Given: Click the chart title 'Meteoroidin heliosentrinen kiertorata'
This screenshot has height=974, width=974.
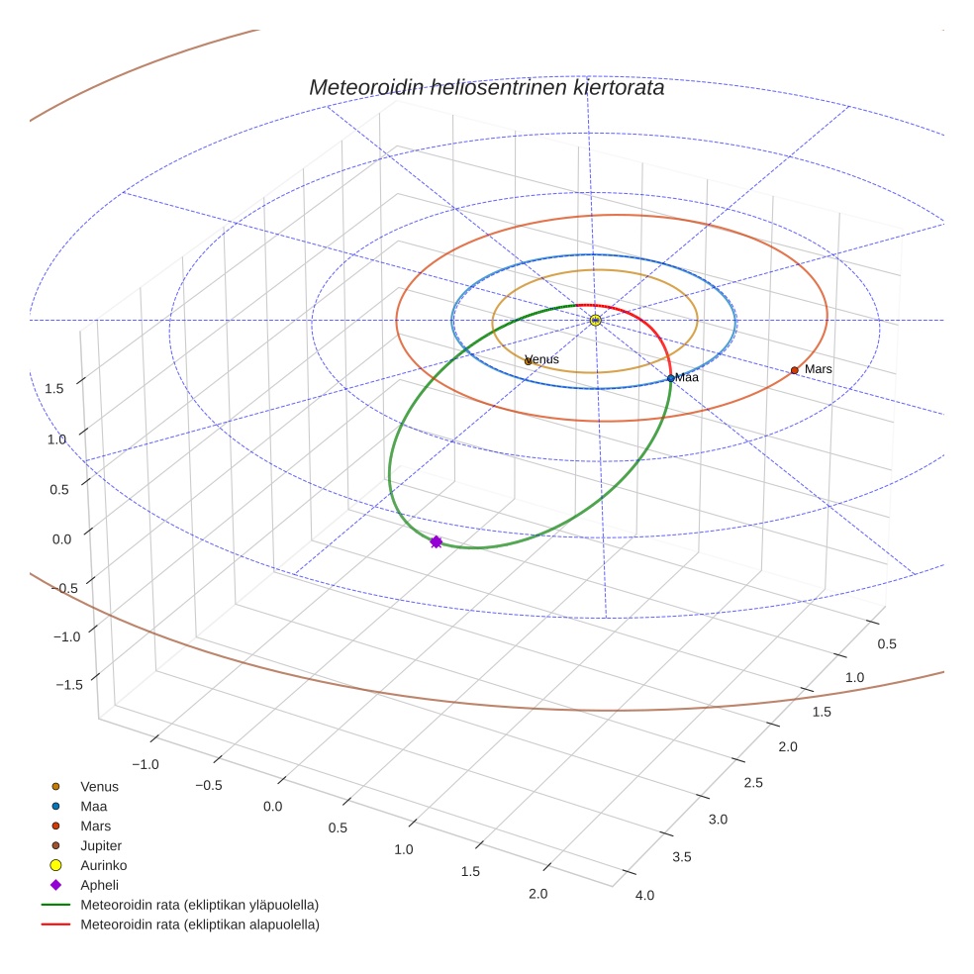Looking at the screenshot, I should pos(486,87).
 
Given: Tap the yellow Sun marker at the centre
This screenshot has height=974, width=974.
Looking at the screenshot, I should pos(595,320).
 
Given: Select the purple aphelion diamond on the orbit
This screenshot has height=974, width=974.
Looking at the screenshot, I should pos(436,541).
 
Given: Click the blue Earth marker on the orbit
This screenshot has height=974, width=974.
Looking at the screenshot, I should pos(670,378).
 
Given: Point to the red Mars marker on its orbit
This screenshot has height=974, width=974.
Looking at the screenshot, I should pos(794,370).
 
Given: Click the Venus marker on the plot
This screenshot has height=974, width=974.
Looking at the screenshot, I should pos(529,361).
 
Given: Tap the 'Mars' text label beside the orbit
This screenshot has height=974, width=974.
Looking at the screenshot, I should pos(819,369).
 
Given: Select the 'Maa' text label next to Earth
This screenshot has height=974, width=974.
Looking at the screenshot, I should pos(688,378).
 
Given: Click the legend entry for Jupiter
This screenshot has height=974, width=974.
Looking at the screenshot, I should pos(100,845).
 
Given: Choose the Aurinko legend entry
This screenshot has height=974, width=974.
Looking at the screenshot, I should pos(103,865).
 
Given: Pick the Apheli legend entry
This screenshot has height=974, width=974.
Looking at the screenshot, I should pos(99,885).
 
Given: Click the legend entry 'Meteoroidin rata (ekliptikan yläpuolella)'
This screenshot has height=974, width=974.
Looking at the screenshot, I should pos(199,905).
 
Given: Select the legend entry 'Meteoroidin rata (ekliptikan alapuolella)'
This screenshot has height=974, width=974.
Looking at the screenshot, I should pos(199,925).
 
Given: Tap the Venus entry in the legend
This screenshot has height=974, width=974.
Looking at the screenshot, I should pos(99,787).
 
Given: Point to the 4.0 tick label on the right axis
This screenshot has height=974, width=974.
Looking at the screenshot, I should pos(644,896).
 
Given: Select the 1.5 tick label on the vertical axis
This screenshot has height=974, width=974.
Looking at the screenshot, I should pos(54,389).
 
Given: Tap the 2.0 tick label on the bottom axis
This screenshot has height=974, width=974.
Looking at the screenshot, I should pos(538,894).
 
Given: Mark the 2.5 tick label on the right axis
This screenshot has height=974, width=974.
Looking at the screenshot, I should pos(752,783).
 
